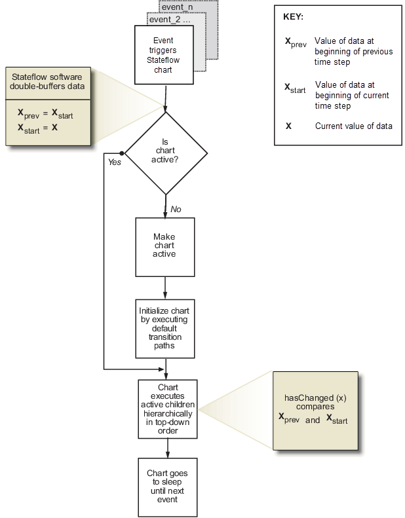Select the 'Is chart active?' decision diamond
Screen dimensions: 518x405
166,153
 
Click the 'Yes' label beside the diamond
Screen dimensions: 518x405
114,162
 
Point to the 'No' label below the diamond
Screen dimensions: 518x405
176,209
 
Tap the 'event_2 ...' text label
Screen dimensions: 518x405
169,20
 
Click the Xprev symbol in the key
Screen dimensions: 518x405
293,43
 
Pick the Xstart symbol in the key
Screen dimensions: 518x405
294,87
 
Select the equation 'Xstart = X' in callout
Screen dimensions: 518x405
39,128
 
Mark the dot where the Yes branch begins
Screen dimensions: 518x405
122,153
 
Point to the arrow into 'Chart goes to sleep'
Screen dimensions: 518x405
168,447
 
